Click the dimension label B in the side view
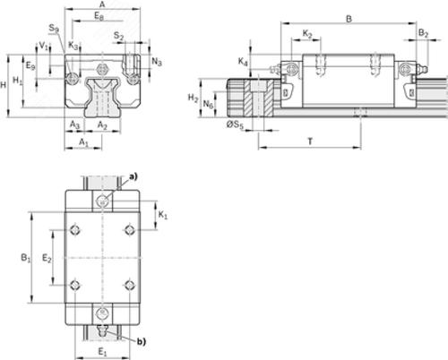tap(349, 19)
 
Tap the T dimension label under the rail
tap(310, 141)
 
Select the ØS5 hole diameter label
tap(235, 124)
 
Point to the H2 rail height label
tap(193, 98)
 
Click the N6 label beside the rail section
tap(208, 104)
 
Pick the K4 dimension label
tap(243, 62)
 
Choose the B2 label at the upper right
tap(423, 33)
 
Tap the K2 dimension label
tap(307, 34)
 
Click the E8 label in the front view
tap(99, 16)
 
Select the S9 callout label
tap(54, 29)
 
